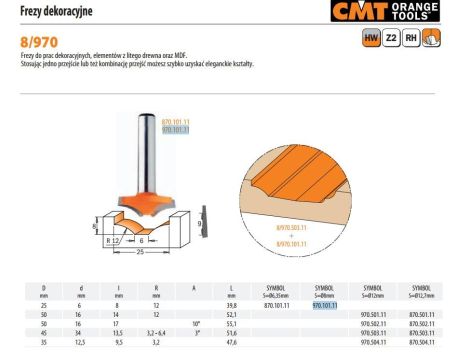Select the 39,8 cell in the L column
(231, 305)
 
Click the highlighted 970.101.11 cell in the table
(325, 305)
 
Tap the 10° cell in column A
(195, 323)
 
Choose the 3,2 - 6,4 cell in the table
(157, 332)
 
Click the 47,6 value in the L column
(231, 341)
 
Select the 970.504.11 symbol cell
(371, 341)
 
